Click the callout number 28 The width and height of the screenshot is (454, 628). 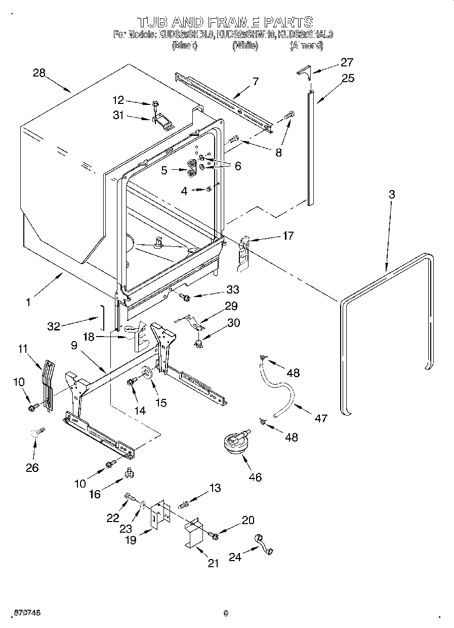(39, 73)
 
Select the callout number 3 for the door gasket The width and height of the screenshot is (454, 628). (392, 194)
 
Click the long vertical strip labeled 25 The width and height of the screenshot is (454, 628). (311, 147)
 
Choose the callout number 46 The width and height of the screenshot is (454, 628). (256, 477)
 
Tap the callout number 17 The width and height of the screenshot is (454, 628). (288, 235)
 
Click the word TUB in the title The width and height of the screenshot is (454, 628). (152, 22)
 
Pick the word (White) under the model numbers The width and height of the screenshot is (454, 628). (245, 46)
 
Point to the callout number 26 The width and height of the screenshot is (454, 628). (32, 467)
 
